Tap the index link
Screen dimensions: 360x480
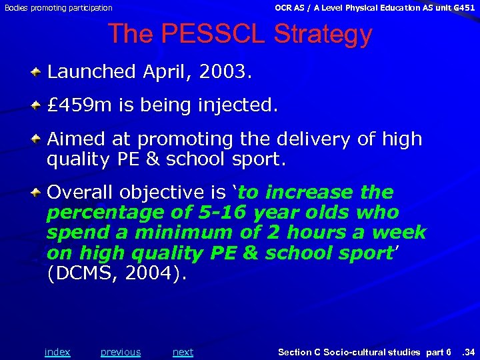click(x=57, y=352)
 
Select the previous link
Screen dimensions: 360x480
click(x=121, y=352)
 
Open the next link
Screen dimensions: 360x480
click(x=183, y=352)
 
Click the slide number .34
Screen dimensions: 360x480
click(x=467, y=352)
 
